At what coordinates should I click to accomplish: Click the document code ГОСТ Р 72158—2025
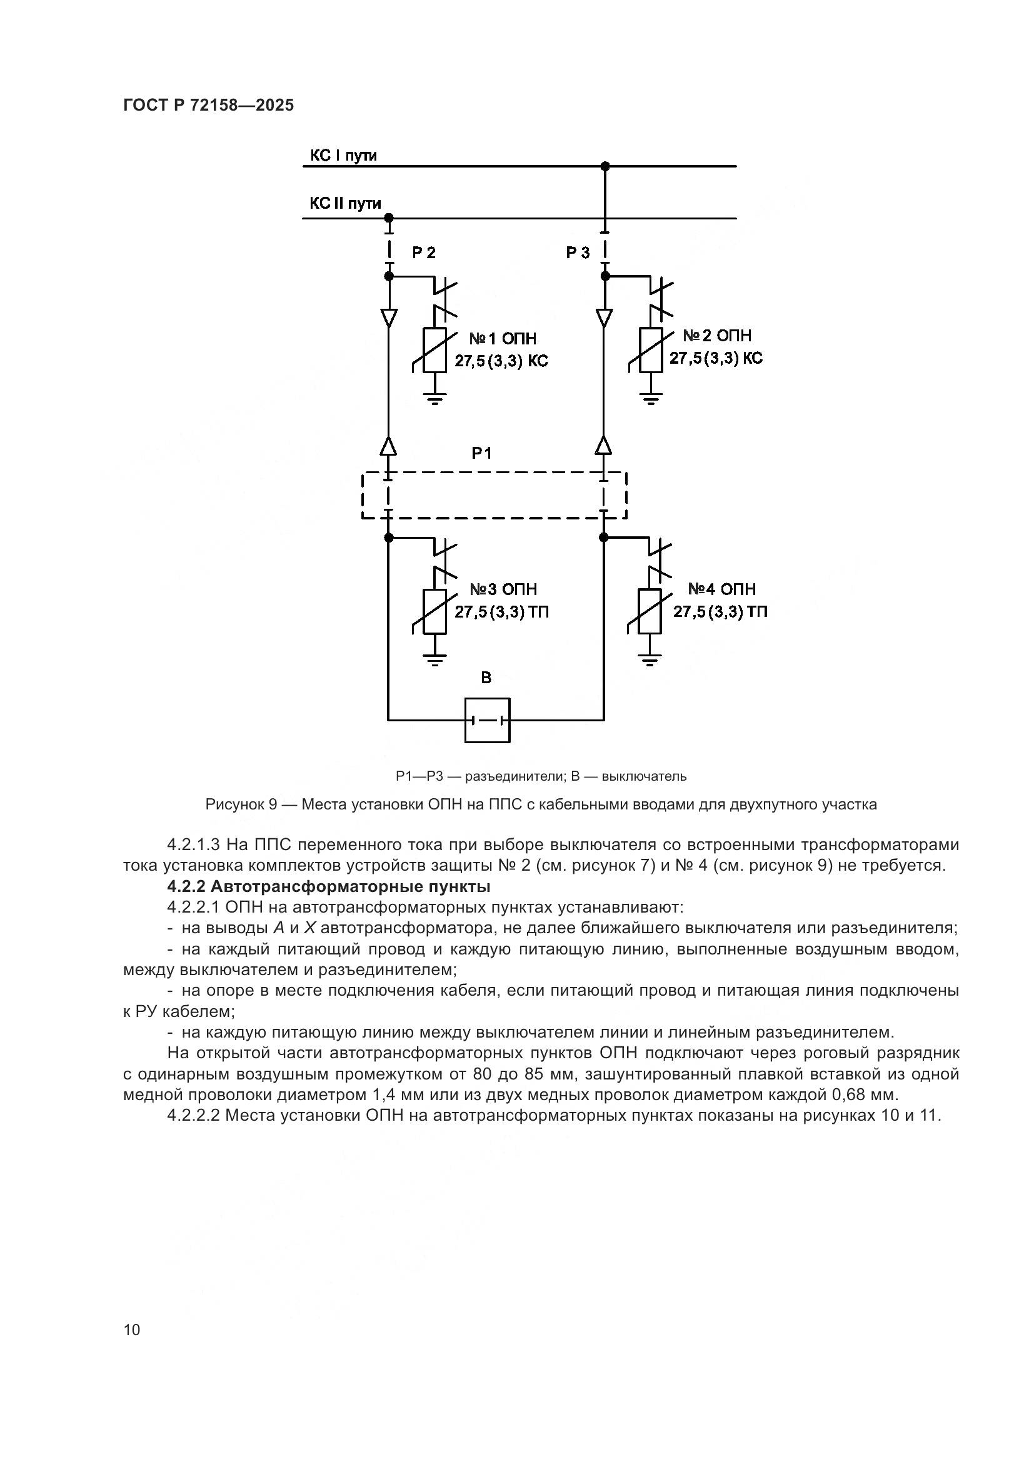pos(208,106)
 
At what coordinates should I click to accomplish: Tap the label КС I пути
pos(343,156)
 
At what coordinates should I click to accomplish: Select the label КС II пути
pos(345,204)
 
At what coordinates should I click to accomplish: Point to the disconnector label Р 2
pos(423,253)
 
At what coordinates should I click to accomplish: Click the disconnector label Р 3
pos(578,253)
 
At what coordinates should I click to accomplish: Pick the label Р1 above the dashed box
pos(481,453)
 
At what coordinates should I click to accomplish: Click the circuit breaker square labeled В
pos(487,720)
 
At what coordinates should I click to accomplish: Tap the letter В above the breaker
pos(486,678)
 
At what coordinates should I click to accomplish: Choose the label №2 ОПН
pos(717,336)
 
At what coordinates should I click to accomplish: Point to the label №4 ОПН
pos(721,589)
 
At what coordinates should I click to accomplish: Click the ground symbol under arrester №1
pos(435,399)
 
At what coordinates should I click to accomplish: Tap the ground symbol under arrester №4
pos(650,659)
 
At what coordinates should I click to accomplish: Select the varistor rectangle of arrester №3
pos(435,612)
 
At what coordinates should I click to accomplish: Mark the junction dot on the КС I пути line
pos(605,166)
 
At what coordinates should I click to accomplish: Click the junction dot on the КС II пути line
pos(389,218)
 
